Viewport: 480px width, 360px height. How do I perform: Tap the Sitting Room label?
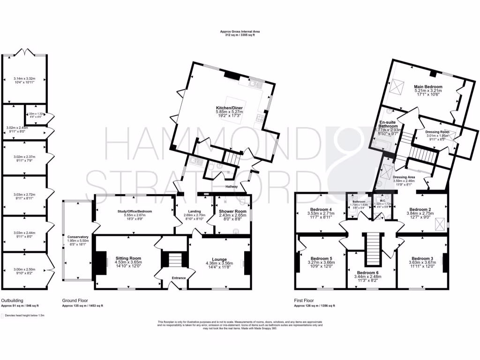128,258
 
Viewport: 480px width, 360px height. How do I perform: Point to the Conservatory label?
77,237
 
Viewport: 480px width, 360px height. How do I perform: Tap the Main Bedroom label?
427,87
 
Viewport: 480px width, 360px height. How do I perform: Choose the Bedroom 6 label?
370,272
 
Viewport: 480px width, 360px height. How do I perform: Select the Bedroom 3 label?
422,259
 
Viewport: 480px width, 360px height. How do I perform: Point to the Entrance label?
179,278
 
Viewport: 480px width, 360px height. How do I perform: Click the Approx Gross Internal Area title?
240,32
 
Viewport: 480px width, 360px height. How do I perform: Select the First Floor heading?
305,300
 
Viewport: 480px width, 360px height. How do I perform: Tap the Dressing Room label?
437,132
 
